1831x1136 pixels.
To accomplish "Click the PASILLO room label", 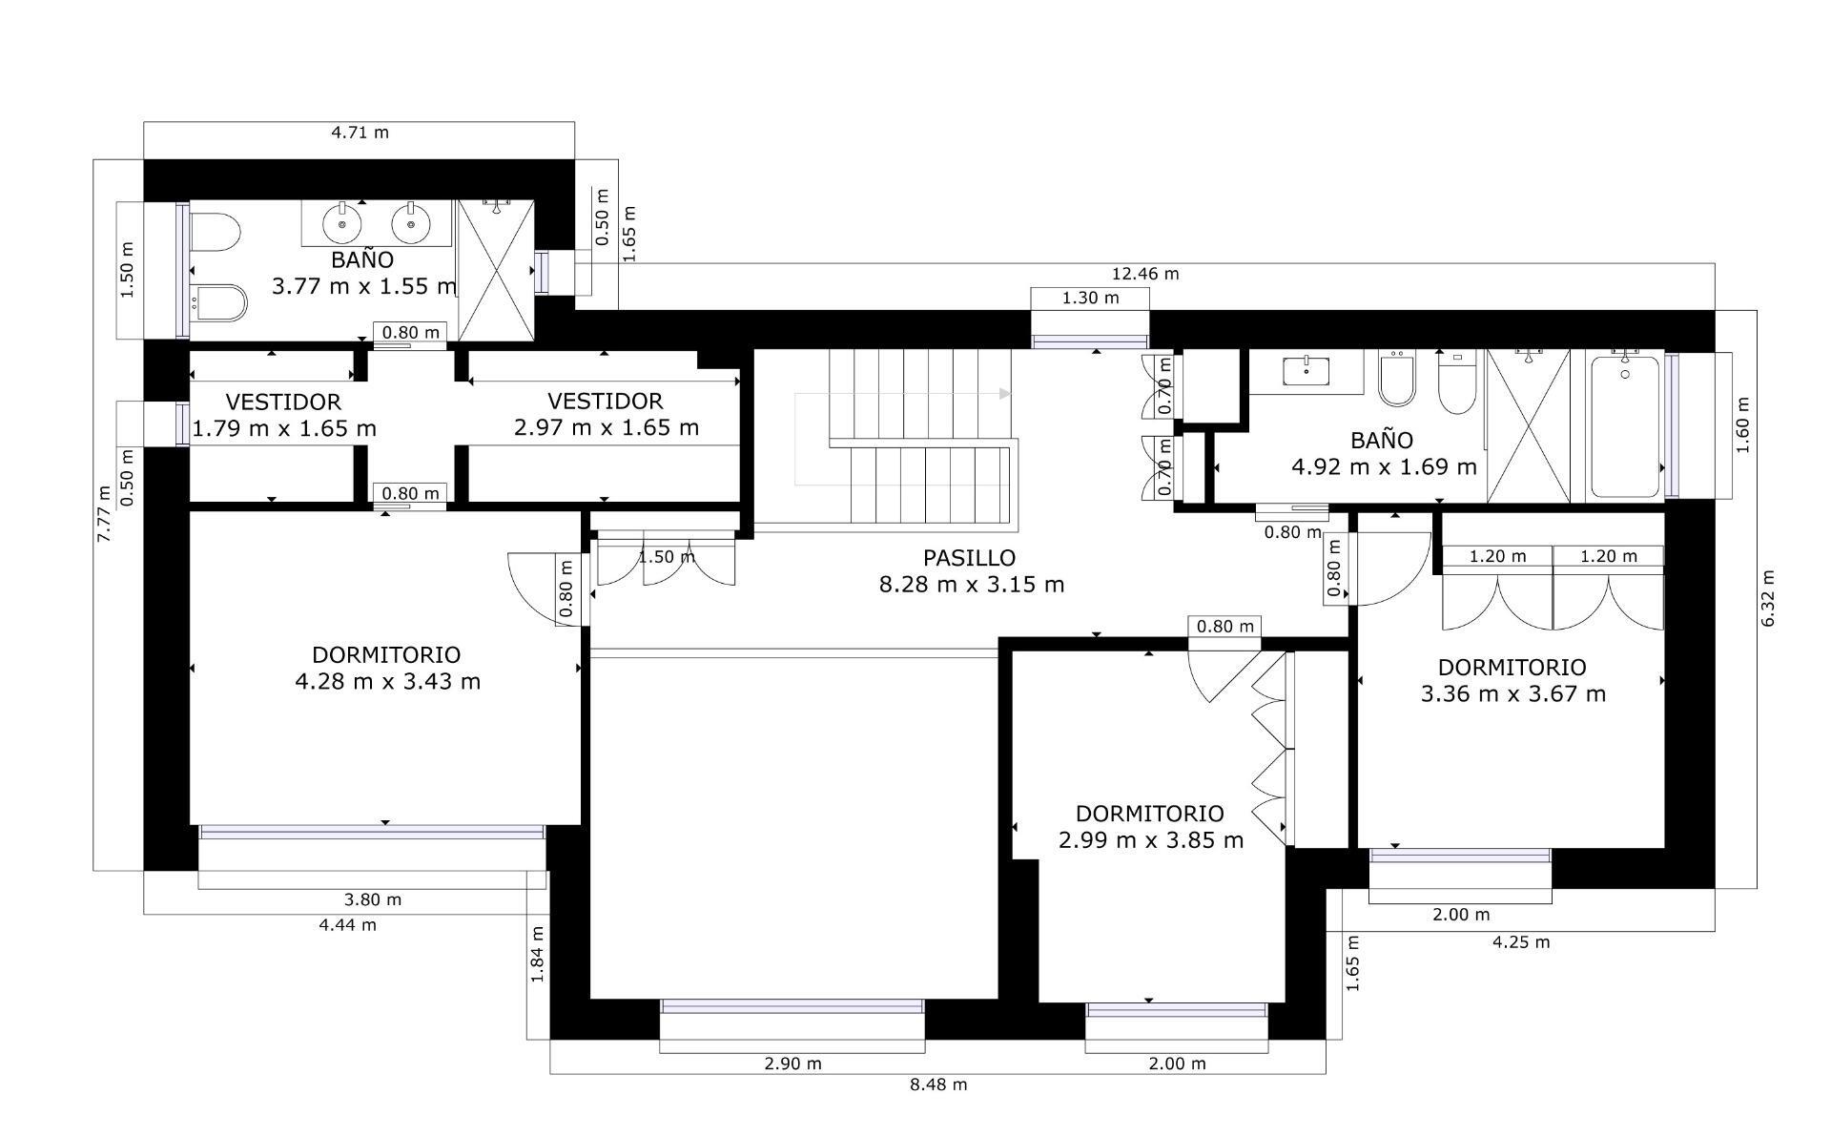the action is tap(969, 557).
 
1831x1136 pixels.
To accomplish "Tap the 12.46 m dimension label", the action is tap(1144, 274).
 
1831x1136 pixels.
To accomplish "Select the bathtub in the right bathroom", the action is tap(1625, 424).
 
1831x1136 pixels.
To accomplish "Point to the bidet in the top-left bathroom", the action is tap(218, 303).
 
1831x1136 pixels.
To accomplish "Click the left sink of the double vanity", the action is tap(341, 224).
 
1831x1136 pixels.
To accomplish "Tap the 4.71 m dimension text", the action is tap(360, 133).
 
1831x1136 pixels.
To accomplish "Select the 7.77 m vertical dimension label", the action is tap(105, 514).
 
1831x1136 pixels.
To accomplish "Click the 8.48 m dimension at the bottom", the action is tap(938, 1084).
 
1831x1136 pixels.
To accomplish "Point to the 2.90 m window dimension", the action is tap(792, 1064).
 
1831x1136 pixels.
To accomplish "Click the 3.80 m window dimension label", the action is tap(372, 899).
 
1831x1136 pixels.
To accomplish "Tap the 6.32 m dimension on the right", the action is tap(1768, 598).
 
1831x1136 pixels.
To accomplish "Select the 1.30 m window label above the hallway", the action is tap(1090, 299).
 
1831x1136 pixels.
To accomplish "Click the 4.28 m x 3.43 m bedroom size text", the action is tap(388, 682).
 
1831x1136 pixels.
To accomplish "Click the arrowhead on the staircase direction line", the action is tap(1004, 393).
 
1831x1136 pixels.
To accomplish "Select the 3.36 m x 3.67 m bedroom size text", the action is tap(1513, 694).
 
